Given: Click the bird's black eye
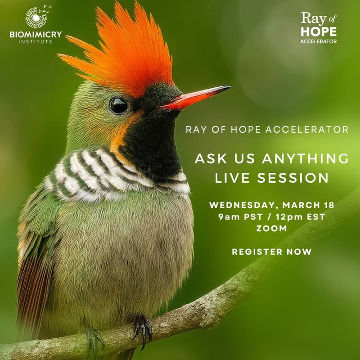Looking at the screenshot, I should pos(118,105).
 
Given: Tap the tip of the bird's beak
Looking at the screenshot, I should pos(229,87).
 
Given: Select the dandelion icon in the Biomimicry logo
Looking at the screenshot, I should pos(36,18).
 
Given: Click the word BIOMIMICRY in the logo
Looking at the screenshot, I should pos(36,35).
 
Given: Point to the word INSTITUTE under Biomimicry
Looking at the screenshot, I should pos(36,42).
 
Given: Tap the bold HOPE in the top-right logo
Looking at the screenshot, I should pos(319,31).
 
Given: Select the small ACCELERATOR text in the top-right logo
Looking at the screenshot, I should pos(319,42).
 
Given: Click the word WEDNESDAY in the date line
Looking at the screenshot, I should pos(238,205).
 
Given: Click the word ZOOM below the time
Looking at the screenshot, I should pos(271,228).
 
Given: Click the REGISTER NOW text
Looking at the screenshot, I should pos(271,252).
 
